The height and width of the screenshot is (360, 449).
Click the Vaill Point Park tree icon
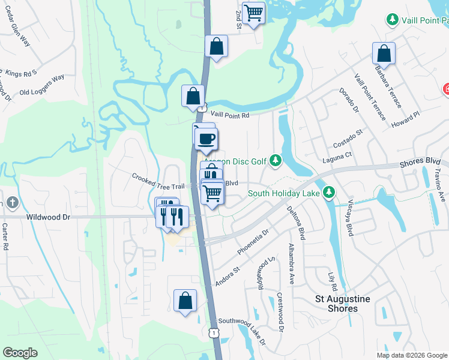(393, 20)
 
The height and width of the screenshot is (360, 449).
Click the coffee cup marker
(206, 139)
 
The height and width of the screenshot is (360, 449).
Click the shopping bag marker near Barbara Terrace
(383, 53)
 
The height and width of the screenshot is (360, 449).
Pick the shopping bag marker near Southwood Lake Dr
(185, 300)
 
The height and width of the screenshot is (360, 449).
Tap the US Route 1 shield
(213, 332)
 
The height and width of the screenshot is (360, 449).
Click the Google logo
(20, 352)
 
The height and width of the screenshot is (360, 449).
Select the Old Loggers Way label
(42, 85)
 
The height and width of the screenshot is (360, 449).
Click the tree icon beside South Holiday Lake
(328, 193)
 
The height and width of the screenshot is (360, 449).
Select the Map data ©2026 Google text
(412, 355)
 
